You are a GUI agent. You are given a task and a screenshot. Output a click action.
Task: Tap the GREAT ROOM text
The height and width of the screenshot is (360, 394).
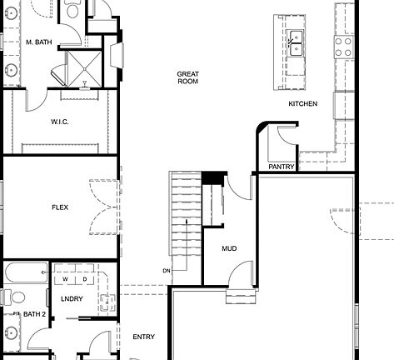pos(187,77)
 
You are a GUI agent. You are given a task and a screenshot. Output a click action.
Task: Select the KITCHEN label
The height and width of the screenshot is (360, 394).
pos(302,103)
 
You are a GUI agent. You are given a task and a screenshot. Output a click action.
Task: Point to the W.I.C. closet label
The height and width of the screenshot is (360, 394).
pos(60,122)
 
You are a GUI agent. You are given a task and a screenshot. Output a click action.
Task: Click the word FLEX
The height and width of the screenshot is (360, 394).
pos(60,207)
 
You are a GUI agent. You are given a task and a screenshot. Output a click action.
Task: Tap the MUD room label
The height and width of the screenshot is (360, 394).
pos(229,248)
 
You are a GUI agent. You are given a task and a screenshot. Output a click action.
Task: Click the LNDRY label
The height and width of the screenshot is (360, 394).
pos(72,298)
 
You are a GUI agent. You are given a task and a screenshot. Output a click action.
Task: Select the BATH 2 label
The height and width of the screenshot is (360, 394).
pos(34,314)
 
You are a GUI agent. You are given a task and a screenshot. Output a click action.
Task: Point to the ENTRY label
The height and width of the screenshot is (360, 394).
pos(143,337)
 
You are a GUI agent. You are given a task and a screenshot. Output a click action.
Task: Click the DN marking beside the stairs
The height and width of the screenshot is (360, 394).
pos(166,271)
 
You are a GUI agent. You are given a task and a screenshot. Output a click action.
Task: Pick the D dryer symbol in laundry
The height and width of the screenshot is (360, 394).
pos(83,278)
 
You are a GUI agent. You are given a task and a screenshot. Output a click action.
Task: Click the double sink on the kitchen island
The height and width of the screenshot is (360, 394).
pos(297,37)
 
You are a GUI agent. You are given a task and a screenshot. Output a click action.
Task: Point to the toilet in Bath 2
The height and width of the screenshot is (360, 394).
pos(9,297)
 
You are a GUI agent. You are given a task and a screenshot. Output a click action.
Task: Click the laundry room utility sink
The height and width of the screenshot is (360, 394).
pos(107,302)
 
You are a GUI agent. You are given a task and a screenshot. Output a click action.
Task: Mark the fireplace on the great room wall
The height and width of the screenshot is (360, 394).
pos(117,55)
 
